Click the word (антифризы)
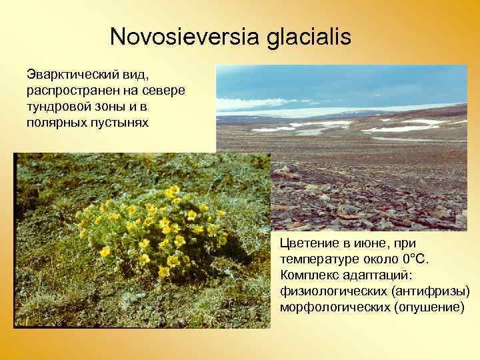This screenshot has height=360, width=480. (x=431, y=291)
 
